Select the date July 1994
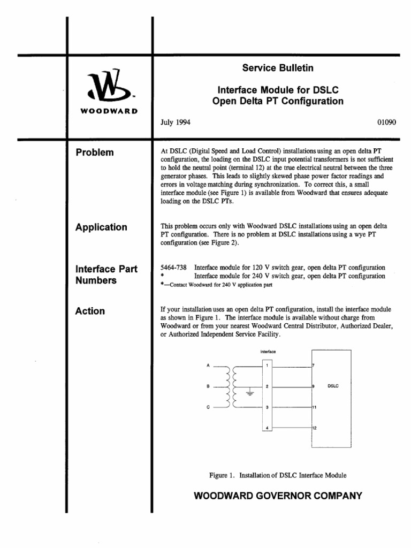pyautogui.click(x=176, y=122)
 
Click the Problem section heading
pyautogui.click(x=95, y=153)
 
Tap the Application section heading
pyautogui.click(x=102, y=227)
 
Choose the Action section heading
pyautogui.click(x=91, y=311)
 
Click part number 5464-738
pyautogui.click(x=173, y=268)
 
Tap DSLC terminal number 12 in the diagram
pyautogui.click(x=315, y=428)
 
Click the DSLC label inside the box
pyautogui.click(x=333, y=385)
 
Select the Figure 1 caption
pyautogui.click(x=278, y=475)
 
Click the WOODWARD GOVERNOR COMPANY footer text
pyautogui.click(x=278, y=496)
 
